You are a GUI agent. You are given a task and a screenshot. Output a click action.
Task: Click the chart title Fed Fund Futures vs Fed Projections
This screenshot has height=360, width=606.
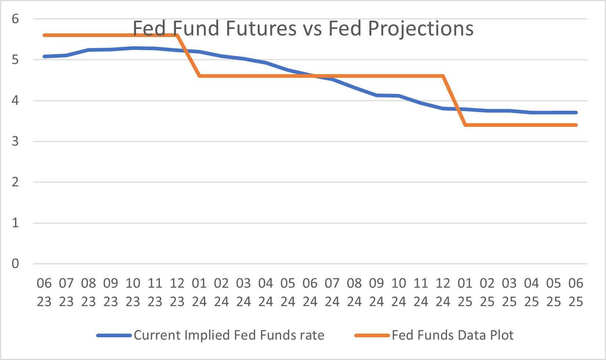[x=303, y=28]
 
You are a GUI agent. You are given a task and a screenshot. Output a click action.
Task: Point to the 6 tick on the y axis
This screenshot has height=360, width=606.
[x=15, y=19]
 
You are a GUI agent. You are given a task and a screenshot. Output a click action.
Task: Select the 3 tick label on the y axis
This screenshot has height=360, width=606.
[x=15, y=141]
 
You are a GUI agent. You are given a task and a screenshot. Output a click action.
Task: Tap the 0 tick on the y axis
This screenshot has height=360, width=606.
[x=15, y=264]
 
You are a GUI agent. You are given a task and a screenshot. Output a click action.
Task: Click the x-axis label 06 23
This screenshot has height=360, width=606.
[x=44, y=292]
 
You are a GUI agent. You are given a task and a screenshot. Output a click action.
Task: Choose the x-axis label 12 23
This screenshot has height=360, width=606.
[x=177, y=292]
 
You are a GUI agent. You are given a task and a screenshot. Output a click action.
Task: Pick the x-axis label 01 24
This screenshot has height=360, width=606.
[x=199, y=292]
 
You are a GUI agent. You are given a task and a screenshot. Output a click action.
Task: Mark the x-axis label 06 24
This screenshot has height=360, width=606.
[x=310, y=292]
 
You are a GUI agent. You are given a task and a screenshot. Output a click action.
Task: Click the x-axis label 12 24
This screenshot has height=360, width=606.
[x=443, y=292]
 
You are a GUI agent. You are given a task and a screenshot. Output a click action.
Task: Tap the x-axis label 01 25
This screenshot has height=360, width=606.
[x=465, y=292]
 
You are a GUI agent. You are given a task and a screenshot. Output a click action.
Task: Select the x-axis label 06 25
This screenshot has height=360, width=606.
[x=576, y=292]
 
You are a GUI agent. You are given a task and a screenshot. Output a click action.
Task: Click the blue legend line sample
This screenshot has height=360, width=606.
[x=114, y=335]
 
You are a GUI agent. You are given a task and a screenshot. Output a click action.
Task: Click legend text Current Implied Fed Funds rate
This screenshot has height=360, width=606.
[x=229, y=335]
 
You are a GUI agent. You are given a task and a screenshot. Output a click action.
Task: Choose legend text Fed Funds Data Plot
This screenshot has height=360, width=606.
[x=452, y=335]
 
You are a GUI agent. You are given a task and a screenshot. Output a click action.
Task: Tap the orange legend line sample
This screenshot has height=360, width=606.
[x=372, y=335]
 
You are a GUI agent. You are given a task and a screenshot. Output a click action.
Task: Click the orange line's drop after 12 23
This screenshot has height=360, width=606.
[x=188, y=56]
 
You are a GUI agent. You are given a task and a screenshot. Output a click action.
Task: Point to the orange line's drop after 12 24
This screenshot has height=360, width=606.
[x=454, y=100]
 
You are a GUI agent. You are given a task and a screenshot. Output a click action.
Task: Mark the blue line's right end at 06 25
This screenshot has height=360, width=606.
[x=576, y=113]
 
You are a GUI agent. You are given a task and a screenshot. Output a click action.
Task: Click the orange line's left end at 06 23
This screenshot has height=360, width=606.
[x=44, y=35]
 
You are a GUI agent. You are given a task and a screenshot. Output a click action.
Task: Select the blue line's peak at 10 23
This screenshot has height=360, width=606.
[x=133, y=48]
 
